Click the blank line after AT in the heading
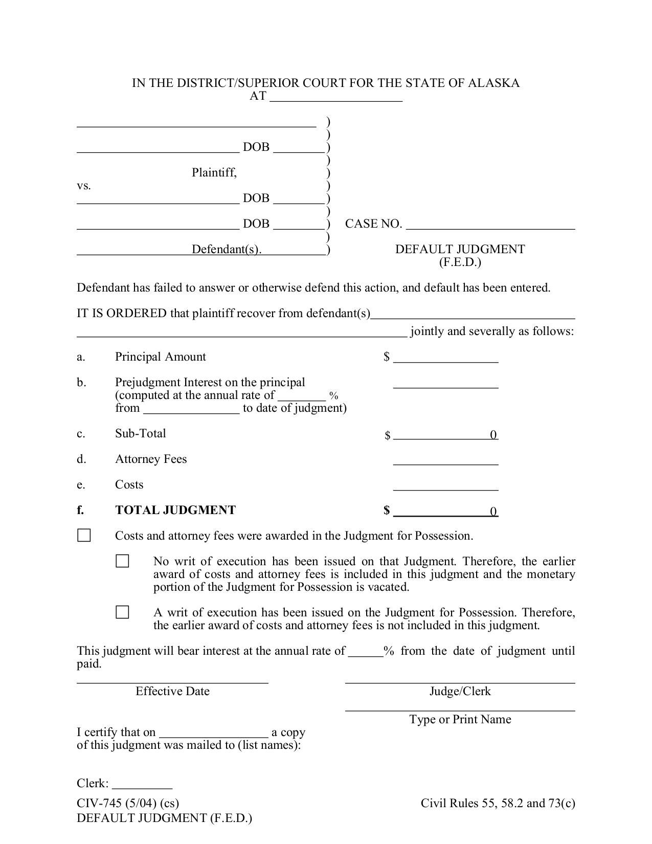(336, 97)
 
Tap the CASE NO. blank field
(490, 225)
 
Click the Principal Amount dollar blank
(445, 358)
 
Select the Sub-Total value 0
(493, 435)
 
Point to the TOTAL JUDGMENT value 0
(493, 512)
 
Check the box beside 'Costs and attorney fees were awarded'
(84, 536)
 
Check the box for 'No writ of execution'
(122, 561)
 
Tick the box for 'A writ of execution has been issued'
(122, 612)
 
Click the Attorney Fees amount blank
(445, 460)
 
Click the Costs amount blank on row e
(445, 486)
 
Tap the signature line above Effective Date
(172, 679)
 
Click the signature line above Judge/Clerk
(460, 679)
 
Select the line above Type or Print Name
(460, 707)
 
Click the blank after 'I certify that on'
(214, 733)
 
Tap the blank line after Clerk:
(142, 785)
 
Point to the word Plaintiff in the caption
(214, 173)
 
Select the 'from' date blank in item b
(191, 409)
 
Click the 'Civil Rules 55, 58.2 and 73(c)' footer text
(498, 803)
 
